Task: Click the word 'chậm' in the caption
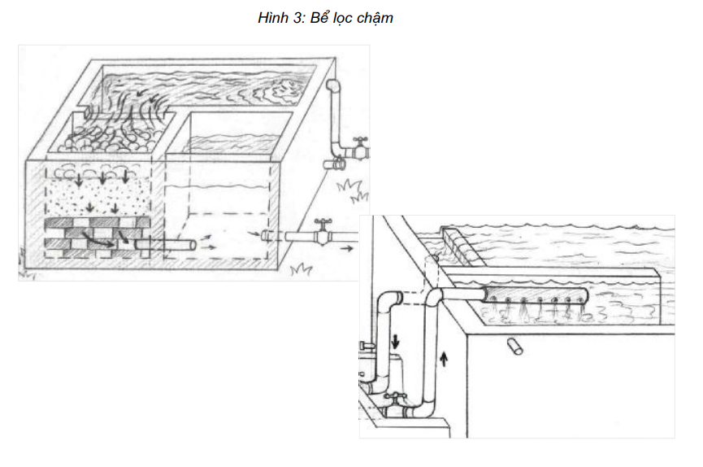pyautogui.click(x=371, y=18)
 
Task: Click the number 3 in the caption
pyautogui.click(x=298, y=18)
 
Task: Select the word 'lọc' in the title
pyautogui.click(x=337, y=18)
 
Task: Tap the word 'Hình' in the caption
pyautogui.click(x=273, y=18)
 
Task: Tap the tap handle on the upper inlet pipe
pyautogui.click(x=360, y=141)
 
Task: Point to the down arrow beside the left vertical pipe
pyautogui.click(x=395, y=340)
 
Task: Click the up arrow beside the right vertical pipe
pyautogui.click(x=444, y=359)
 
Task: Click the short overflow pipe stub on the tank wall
pyautogui.click(x=514, y=347)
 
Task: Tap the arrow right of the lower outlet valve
pyautogui.click(x=346, y=248)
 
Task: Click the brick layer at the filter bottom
pyautogui.click(x=98, y=238)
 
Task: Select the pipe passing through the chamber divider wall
pyautogui.click(x=166, y=245)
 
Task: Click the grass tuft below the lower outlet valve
pyautogui.click(x=301, y=269)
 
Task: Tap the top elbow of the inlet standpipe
pyautogui.click(x=333, y=87)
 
